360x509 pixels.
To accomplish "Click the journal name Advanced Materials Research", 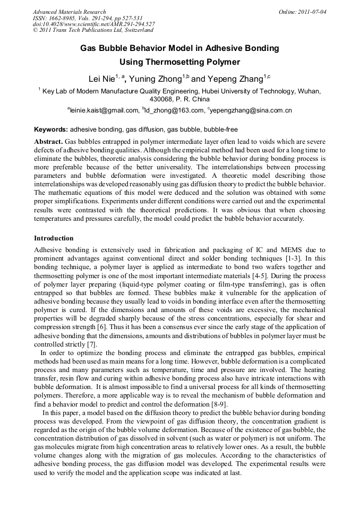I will (x=69, y=12).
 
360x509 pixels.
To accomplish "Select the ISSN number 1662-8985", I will (x=64, y=18).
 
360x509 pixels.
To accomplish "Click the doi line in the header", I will (x=93, y=24).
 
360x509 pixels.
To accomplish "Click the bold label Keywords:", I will (x=51, y=130).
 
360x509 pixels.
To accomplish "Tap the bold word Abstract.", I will (x=48, y=142).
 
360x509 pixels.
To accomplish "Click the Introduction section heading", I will (x=54, y=238).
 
